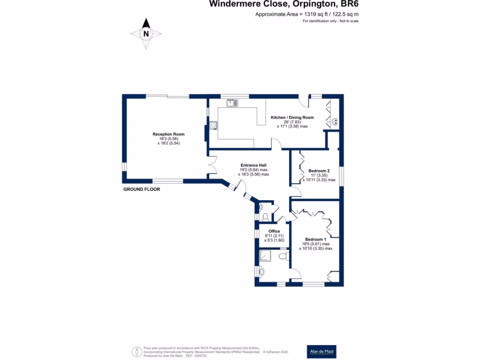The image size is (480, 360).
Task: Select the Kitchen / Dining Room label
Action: point(292,117)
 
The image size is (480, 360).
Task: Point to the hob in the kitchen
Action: point(213,125)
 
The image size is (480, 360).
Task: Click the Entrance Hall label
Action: point(254,165)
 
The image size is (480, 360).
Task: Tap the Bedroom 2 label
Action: point(319,171)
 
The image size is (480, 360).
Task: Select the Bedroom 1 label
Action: point(315,239)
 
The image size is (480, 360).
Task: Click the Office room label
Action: point(274,231)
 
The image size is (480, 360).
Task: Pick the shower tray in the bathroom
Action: point(266,255)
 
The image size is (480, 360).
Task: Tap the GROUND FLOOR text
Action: point(142,189)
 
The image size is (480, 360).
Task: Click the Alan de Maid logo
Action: point(322,352)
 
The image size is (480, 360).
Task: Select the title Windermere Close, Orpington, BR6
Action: point(286,5)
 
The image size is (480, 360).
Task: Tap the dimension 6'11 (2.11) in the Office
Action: point(274,236)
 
